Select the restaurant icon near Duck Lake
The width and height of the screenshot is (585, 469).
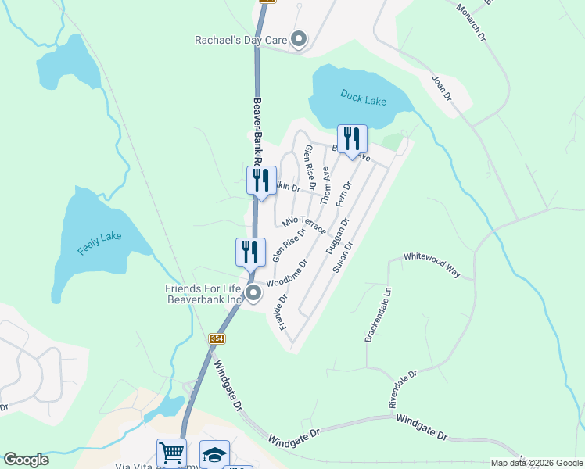pos(352,139)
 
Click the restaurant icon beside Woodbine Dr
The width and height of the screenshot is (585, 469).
pos(250,252)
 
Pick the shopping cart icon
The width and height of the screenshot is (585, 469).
pos(171,453)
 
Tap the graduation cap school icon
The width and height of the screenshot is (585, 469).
pos(214,453)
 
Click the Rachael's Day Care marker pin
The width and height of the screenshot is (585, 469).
pos(299,38)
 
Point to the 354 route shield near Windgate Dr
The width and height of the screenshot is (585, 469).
pos(217,338)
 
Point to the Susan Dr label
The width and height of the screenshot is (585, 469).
pos(343,256)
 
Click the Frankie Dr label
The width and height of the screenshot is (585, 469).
pos(280,310)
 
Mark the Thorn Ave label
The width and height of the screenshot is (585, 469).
pos(327,188)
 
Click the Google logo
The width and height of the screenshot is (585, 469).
pos(26,460)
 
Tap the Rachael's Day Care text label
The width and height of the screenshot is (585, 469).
pos(242,38)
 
